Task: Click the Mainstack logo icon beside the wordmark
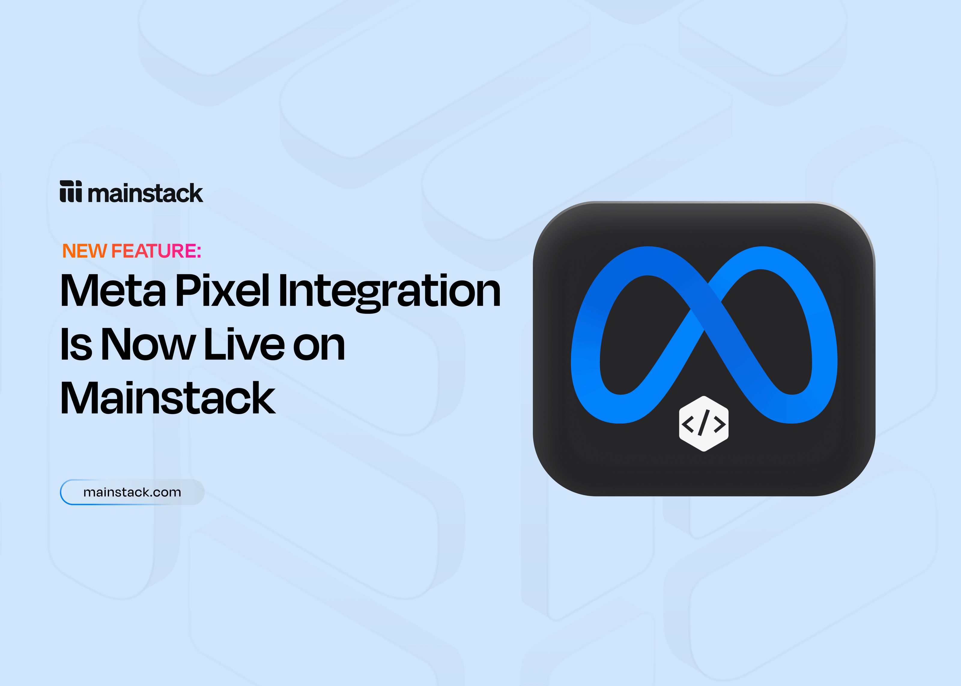tap(71, 191)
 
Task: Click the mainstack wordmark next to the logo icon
tap(145, 194)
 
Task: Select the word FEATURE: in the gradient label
tap(156, 251)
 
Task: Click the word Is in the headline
tap(76, 344)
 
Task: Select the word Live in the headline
tap(244, 344)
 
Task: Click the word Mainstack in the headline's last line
tap(168, 398)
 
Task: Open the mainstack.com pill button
tap(132, 492)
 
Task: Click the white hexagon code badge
tap(704, 424)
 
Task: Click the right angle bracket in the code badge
tap(719, 424)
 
